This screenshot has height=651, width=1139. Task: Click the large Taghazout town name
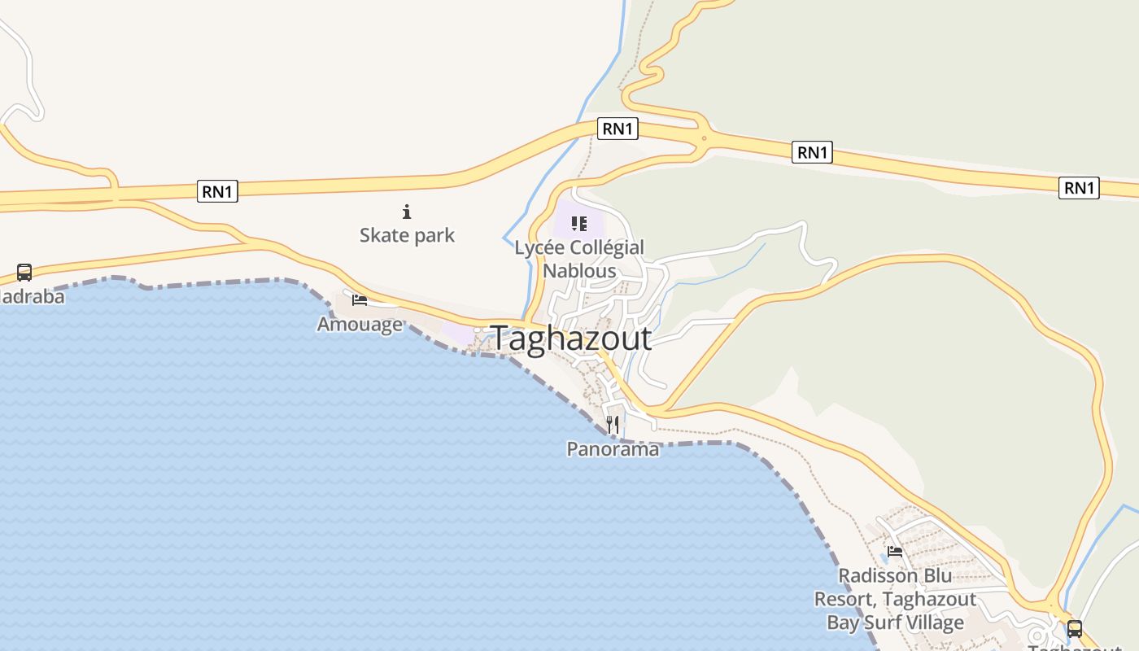[571, 339]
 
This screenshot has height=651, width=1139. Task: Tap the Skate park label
[407, 236]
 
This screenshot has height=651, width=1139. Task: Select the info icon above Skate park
[407, 212]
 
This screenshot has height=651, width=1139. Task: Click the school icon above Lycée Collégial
[579, 223]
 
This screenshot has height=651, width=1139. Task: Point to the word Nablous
[579, 271]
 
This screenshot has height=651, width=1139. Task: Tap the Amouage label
[360, 324]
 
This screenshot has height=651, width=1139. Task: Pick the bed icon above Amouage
[360, 300]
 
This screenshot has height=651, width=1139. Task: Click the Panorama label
[613, 448]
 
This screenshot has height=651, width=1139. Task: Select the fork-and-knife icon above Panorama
[613, 425]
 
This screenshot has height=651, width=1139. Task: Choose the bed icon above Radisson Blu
[895, 551]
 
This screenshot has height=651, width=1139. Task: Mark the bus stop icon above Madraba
[24, 273]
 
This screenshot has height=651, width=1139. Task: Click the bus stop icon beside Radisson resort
[1075, 628]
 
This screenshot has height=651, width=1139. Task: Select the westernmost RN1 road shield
[218, 192]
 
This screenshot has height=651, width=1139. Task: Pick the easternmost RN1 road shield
[1079, 188]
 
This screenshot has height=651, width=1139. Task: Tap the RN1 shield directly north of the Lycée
[618, 129]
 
